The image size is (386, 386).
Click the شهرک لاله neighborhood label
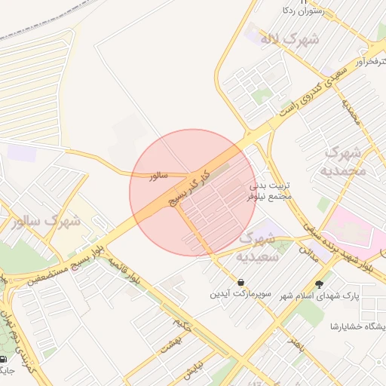[x=289, y=38]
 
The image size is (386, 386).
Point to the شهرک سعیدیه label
[x=259, y=247]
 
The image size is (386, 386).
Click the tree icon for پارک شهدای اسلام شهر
[x=320, y=284]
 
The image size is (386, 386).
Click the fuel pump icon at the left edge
[x=4, y=359]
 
